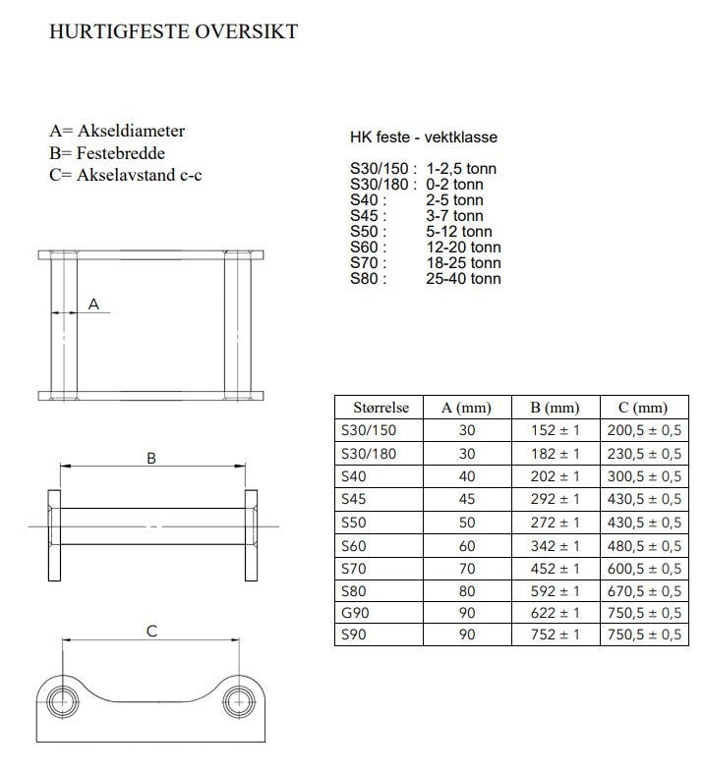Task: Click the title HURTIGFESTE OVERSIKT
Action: pyautogui.click(x=172, y=32)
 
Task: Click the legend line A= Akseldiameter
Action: pyautogui.click(x=117, y=131)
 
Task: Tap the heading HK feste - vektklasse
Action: pyautogui.click(x=423, y=138)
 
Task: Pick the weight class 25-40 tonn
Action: pyautogui.click(x=464, y=279)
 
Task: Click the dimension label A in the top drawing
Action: pyautogui.click(x=94, y=304)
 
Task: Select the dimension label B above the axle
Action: pyautogui.click(x=151, y=458)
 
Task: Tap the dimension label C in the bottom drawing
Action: pyautogui.click(x=151, y=632)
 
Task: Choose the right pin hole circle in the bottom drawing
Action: pyautogui.click(x=238, y=700)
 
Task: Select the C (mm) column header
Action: pyautogui.click(x=642, y=408)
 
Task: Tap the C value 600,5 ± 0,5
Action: pyautogui.click(x=642, y=568)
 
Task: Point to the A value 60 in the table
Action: pyautogui.click(x=467, y=545)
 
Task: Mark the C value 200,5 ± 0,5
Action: pyautogui.click(x=642, y=431)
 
